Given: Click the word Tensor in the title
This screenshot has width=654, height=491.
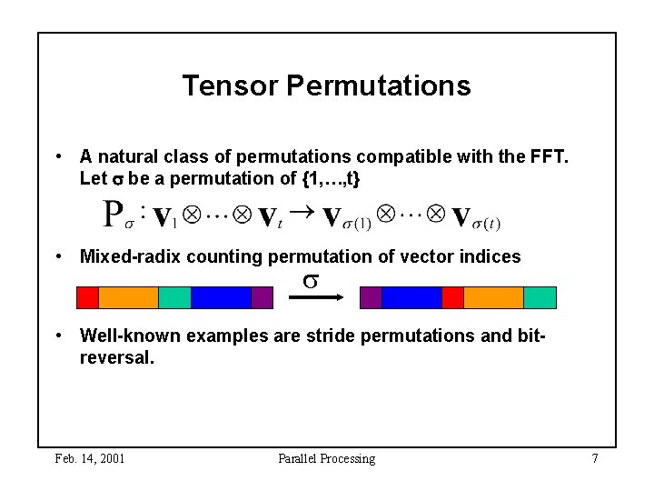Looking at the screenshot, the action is click(230, 85).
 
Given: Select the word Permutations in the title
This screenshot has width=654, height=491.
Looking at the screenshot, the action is click(379, 85).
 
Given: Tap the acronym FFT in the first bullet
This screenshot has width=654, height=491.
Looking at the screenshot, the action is click(549, 156).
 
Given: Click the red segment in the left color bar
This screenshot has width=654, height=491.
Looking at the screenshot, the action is click(87, 297).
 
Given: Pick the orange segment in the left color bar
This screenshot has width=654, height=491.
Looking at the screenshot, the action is click(128, 297).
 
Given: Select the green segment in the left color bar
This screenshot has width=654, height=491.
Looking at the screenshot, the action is click(174, 297).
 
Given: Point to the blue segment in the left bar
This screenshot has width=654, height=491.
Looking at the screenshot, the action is click(221, 297).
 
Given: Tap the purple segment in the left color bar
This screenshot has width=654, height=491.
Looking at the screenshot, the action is click(262, 297).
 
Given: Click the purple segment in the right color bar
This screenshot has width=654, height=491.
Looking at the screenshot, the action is click(371, 297).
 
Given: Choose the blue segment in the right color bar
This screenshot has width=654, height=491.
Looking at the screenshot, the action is click(412, 297).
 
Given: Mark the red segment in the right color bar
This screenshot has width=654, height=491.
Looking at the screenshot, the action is click(453, 297).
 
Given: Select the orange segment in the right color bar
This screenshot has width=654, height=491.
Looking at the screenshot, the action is click(494, 297).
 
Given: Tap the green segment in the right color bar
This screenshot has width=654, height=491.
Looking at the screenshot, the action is click(540, 297).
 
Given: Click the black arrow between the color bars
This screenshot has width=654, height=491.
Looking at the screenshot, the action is click(316, 297).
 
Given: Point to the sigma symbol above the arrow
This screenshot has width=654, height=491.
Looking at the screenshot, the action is click(311, 281).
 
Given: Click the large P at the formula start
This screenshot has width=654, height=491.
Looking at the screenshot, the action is click(113, 214).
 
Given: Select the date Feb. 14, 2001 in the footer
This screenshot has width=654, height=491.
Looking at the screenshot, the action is click(90, 459).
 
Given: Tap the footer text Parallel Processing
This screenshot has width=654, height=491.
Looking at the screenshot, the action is click(327, 459).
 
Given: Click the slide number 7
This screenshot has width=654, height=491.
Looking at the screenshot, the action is click(595, 458).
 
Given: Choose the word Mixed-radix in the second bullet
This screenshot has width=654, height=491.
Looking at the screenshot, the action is click(130, 256).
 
